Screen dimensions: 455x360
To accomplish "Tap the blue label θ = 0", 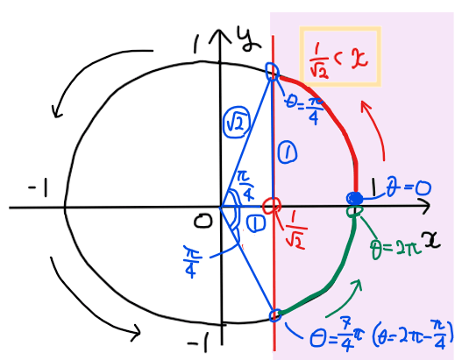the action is [409, 188].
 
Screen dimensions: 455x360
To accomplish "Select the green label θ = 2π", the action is [396, 249].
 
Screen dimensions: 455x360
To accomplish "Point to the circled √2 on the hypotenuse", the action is [237, 123].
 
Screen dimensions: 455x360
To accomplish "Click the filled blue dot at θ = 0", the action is [354, 199].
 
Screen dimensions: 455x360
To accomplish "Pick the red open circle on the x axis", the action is [272, 206].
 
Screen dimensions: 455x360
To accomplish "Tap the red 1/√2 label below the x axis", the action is [295, 235].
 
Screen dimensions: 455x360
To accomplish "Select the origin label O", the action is [203, 221].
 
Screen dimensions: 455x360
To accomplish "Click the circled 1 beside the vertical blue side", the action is [288, 152].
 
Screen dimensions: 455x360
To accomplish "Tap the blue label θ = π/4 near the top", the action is [305, 109].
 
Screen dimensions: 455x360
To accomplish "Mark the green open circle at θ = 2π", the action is [355, 211].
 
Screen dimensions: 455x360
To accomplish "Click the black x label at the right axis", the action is [432, 239].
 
